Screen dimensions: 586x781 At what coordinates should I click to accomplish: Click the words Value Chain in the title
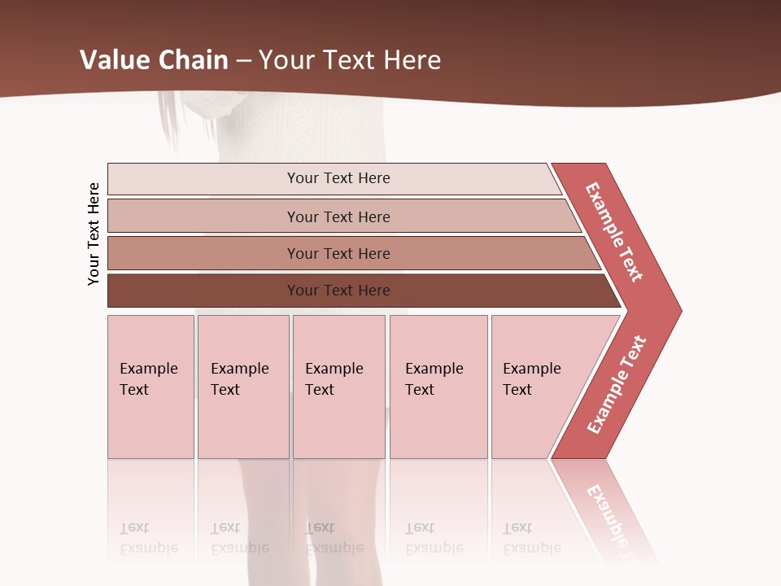(154, 59)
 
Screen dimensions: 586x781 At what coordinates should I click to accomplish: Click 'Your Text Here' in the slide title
(350, 59)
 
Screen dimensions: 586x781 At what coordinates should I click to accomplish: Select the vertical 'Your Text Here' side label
(94, 234)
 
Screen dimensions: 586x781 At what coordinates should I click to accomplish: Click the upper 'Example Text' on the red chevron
(614, 232)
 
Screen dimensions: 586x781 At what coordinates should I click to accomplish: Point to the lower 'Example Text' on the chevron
(617, 384)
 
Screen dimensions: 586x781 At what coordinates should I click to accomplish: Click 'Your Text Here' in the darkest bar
(338, 291)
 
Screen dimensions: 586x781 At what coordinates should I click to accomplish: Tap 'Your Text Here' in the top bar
(338, 178)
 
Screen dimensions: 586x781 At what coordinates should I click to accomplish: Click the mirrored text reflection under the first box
(149, 538)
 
